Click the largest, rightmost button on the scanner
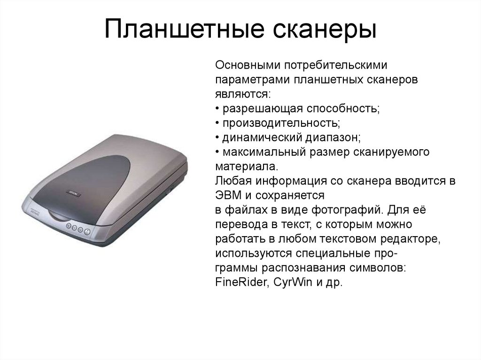pos(87,231)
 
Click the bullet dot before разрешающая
pos(218,108)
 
